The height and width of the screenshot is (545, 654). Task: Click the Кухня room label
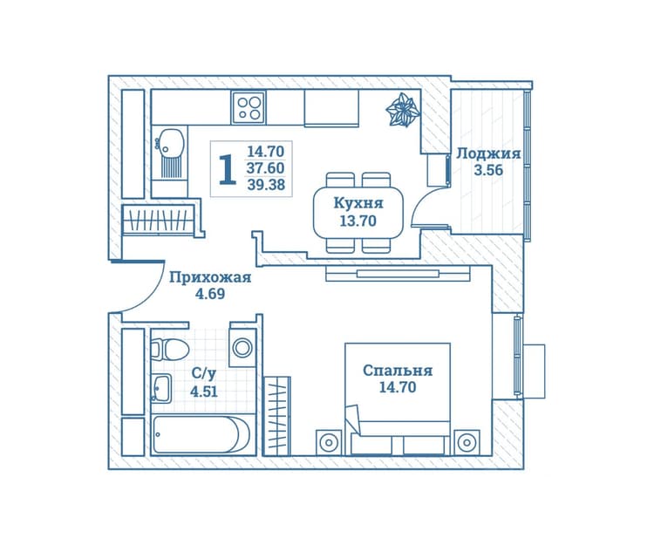click(x=358, y=203)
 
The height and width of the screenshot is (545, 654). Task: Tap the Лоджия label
click(x=488, y=153)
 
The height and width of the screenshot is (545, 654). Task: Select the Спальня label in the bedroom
click(x=398, y=371)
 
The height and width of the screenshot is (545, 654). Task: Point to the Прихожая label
click(x=210, y=277)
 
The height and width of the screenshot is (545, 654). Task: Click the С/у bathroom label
click(x=203, y=374)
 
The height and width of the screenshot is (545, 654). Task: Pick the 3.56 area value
click(x=488, y=170)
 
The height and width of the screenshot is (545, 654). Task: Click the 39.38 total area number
click(x=266, y=184)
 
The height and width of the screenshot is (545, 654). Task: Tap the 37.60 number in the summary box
click(x=266, y=168)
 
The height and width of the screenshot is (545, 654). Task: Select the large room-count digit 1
click(x=228, y=169)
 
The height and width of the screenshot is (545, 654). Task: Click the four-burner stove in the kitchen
click(x=249, y=107)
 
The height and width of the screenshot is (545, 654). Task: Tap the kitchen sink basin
click(x=170, y=141)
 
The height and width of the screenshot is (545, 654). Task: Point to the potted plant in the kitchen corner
click(x=402, y=110)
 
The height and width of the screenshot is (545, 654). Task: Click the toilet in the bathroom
click(x=169, y=350)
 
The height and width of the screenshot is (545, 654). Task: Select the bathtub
click(x=201, y=433)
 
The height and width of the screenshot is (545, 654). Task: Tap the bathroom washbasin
click(x=161, y=389)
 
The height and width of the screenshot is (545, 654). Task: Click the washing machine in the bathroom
click(x=242, y=347)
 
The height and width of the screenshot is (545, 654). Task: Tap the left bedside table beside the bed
click(x=329, y=442)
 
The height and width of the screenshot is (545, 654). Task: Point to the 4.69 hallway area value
click(x=210, y=294)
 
